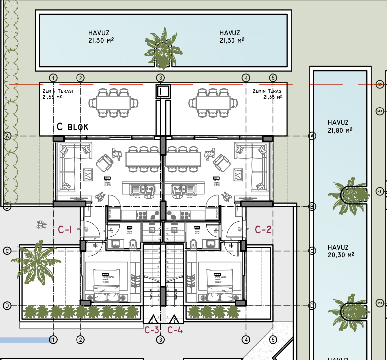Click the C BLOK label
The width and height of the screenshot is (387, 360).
point(73,127)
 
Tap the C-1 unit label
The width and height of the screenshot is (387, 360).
point(65,230)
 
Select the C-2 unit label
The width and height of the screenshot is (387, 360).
point(263,230)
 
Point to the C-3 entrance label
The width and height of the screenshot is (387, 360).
point(152,330)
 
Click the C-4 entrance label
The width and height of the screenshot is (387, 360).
point(175,330)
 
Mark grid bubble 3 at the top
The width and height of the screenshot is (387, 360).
point(160,78)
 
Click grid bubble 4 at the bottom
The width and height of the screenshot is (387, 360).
point(246,339)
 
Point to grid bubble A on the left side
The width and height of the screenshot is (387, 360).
point(7,136)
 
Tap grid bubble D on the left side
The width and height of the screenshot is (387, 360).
point(7,306)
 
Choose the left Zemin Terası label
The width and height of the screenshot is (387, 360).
point(58,94)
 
